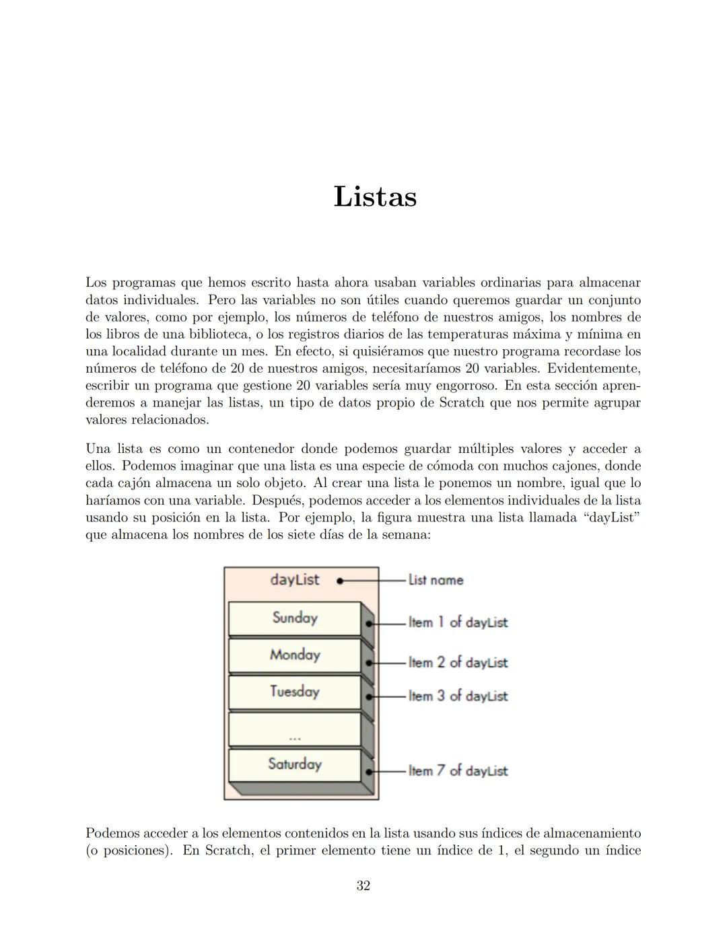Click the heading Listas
375,196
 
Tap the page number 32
363,885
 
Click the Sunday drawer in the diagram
295,618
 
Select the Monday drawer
295,655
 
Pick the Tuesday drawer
295,692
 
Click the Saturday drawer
295,764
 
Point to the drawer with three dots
295,729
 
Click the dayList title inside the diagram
294,580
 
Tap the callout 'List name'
436,580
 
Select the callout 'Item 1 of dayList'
458,622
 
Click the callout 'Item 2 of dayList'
458,663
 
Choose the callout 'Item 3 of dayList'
458,696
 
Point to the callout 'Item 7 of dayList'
458,771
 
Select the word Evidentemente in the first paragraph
594,369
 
